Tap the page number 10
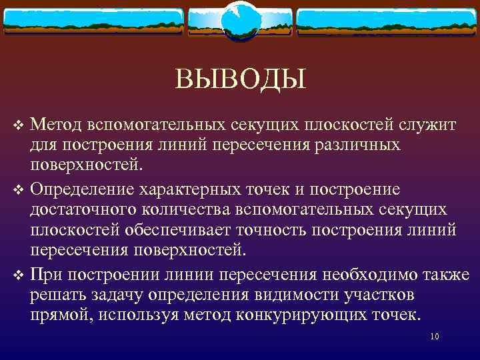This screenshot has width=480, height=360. point(435,336)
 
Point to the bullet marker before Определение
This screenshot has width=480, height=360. point(19,189)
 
